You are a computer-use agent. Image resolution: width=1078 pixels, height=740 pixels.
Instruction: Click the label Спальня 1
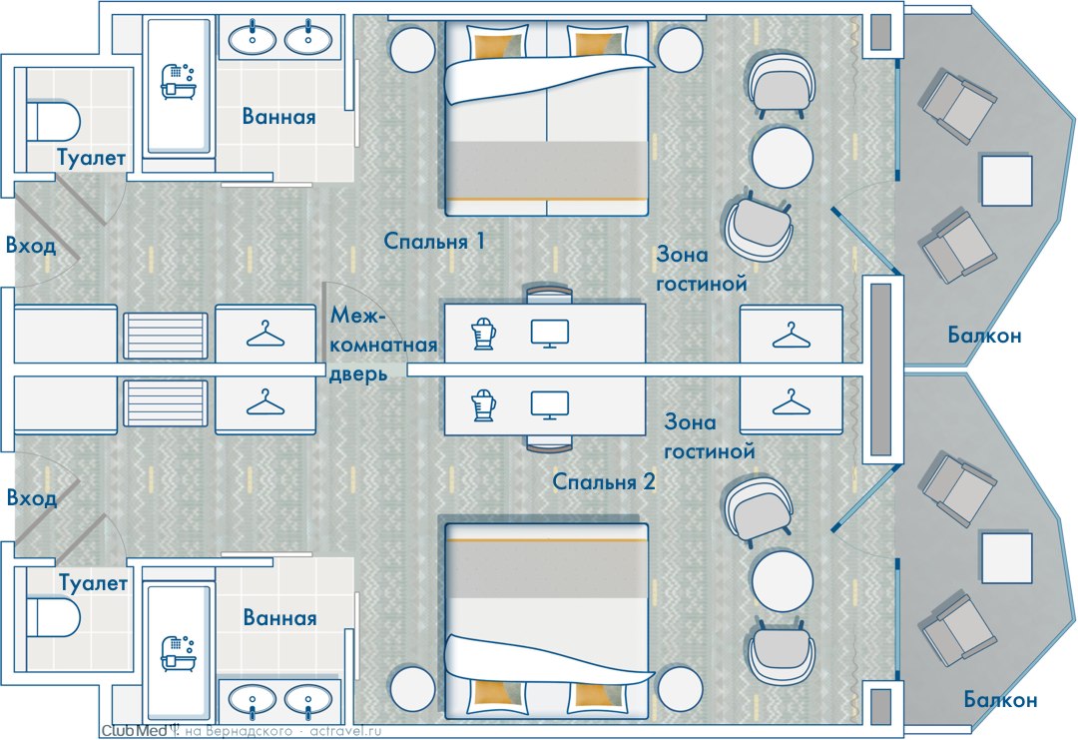pos(434,241)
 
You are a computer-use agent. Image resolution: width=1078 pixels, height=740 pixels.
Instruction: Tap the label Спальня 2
pos(604,482)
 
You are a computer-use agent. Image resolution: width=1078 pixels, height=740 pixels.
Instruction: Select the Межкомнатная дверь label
pos(383,347)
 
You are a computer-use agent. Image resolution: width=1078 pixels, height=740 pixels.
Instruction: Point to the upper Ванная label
pos(279,117)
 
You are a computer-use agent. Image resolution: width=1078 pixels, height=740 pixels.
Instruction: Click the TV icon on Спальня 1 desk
pos(550,333)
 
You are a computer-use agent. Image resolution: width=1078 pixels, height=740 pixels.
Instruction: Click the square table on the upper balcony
pos(1005,179)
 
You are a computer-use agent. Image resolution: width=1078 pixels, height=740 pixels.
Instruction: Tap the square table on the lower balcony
pos(1005,558)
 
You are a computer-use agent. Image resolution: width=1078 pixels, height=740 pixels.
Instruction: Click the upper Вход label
pos(30,246)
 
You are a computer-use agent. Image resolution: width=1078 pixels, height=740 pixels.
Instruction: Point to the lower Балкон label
pos(1000,700)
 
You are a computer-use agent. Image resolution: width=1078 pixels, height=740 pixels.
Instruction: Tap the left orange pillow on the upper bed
pos(499,45)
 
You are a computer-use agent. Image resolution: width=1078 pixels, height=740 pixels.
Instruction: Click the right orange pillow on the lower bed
pos(600,694)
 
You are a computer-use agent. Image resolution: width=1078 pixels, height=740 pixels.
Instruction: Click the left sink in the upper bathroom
pos(253,39)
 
